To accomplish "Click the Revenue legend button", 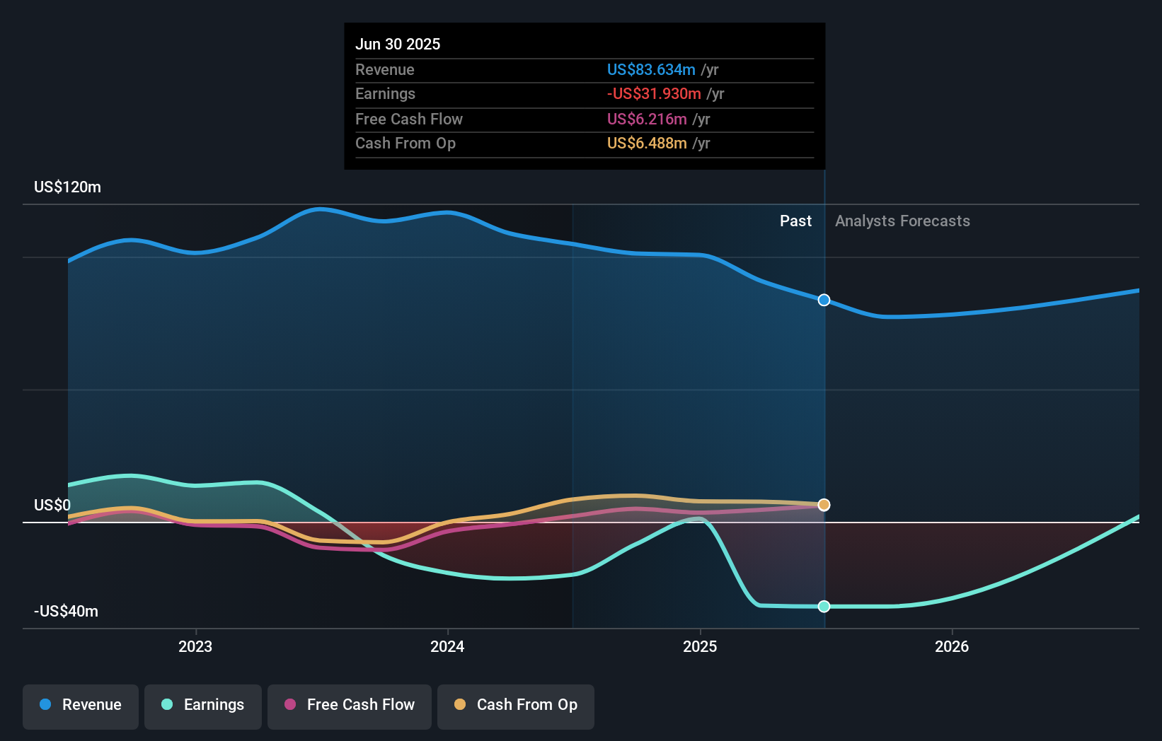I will pyautogui.click(x=81, y=706).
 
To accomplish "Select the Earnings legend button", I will pyautogui.click(x=203, y=706).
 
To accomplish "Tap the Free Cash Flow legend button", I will pyautogui.click(x=350, y=706).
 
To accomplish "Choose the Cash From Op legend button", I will pyautogui.click(x=516, y=706).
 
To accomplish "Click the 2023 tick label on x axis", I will pyautogui.click(x=195, y=647).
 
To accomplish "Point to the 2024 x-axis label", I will pyautogui.click(x=447, y=647).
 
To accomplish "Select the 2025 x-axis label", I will pyautogui.click(x=700, y=647).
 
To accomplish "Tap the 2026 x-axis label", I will pyautogui.click(x=952, y=647).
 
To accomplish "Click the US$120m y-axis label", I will pyautogui.click(x=67, y=187).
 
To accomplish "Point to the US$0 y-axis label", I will pyautogui.click(x=52, y=506).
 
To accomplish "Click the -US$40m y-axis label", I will pyautogui.click(x=66, y=612).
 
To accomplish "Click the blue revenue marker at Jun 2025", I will pyautogui.click(x=824, y=301).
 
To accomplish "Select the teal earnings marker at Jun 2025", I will pyautogui.click(x=824, y=607).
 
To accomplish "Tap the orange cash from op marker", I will pyautogui.click(x=824, y=505).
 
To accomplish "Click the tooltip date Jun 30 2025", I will pyautogui.click(x=398, y=45).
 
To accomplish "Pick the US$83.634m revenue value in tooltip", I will pyautogui.click(x=651, y=70).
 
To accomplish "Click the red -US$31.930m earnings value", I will pyautogui.click(x=654, y=94).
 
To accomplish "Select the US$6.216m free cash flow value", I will pyautogui.click(x=647, y=119).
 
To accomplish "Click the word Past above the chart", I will pyautogui.click(x=795, y=221).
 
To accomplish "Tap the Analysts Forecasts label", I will pyautogui.click(x=902, y=221).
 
